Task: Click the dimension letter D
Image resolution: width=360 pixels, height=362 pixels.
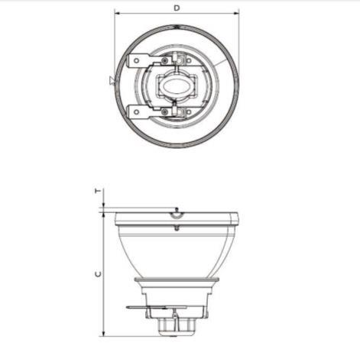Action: click(177, 8)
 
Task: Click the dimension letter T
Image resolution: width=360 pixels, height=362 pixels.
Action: click(96, 192)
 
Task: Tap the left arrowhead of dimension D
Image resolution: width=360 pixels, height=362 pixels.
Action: click(118, 13)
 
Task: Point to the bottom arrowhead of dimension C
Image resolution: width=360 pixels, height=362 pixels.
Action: click(102, 333)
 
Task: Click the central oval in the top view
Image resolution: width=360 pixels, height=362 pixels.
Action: click(177, 86)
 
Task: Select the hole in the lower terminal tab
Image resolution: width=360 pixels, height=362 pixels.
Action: click(138, 112)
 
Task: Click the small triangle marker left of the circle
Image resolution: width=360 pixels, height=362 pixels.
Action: click(112, 79)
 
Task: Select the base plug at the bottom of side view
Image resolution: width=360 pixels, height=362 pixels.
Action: click(177, 327)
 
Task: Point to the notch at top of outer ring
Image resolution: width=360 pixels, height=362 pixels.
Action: click(177, 29)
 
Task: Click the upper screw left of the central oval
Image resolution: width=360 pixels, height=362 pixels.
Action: click(164, 60)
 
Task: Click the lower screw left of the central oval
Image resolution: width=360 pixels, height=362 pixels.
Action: click(164, 112)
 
